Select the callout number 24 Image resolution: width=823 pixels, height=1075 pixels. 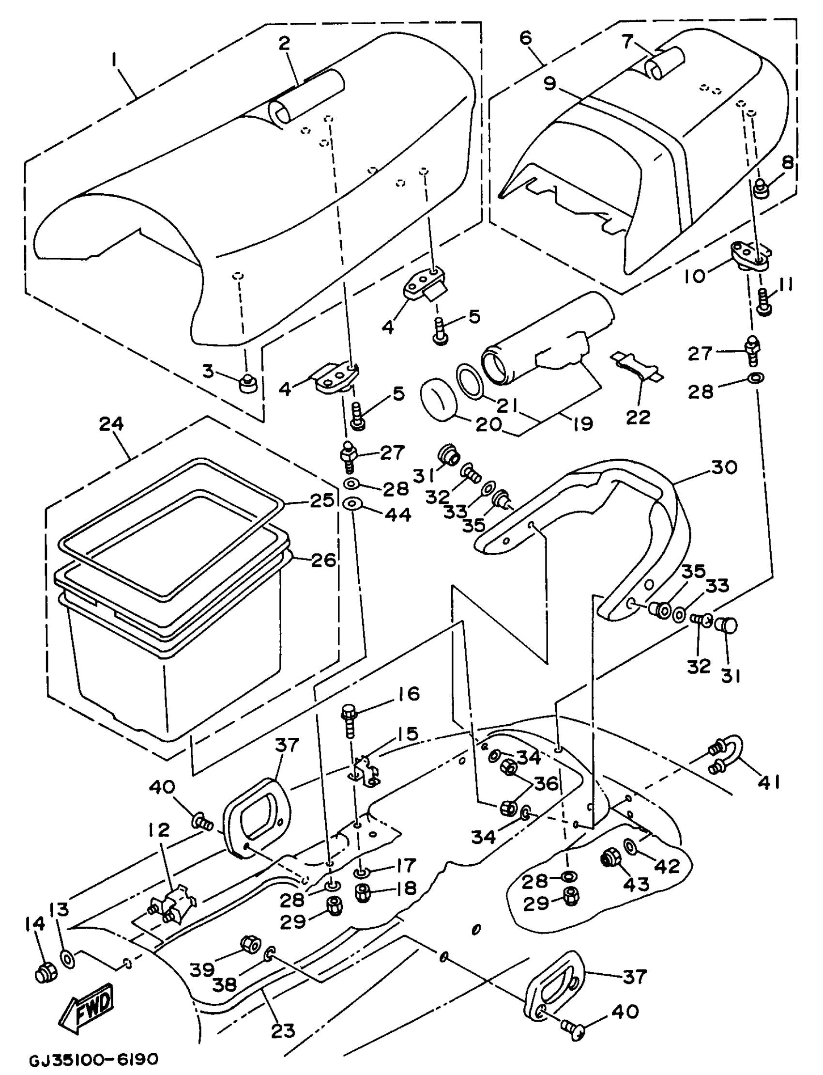[112, 424]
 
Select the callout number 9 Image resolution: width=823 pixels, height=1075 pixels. [549, 84]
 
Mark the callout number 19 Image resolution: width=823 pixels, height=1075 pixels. [582, 423]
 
